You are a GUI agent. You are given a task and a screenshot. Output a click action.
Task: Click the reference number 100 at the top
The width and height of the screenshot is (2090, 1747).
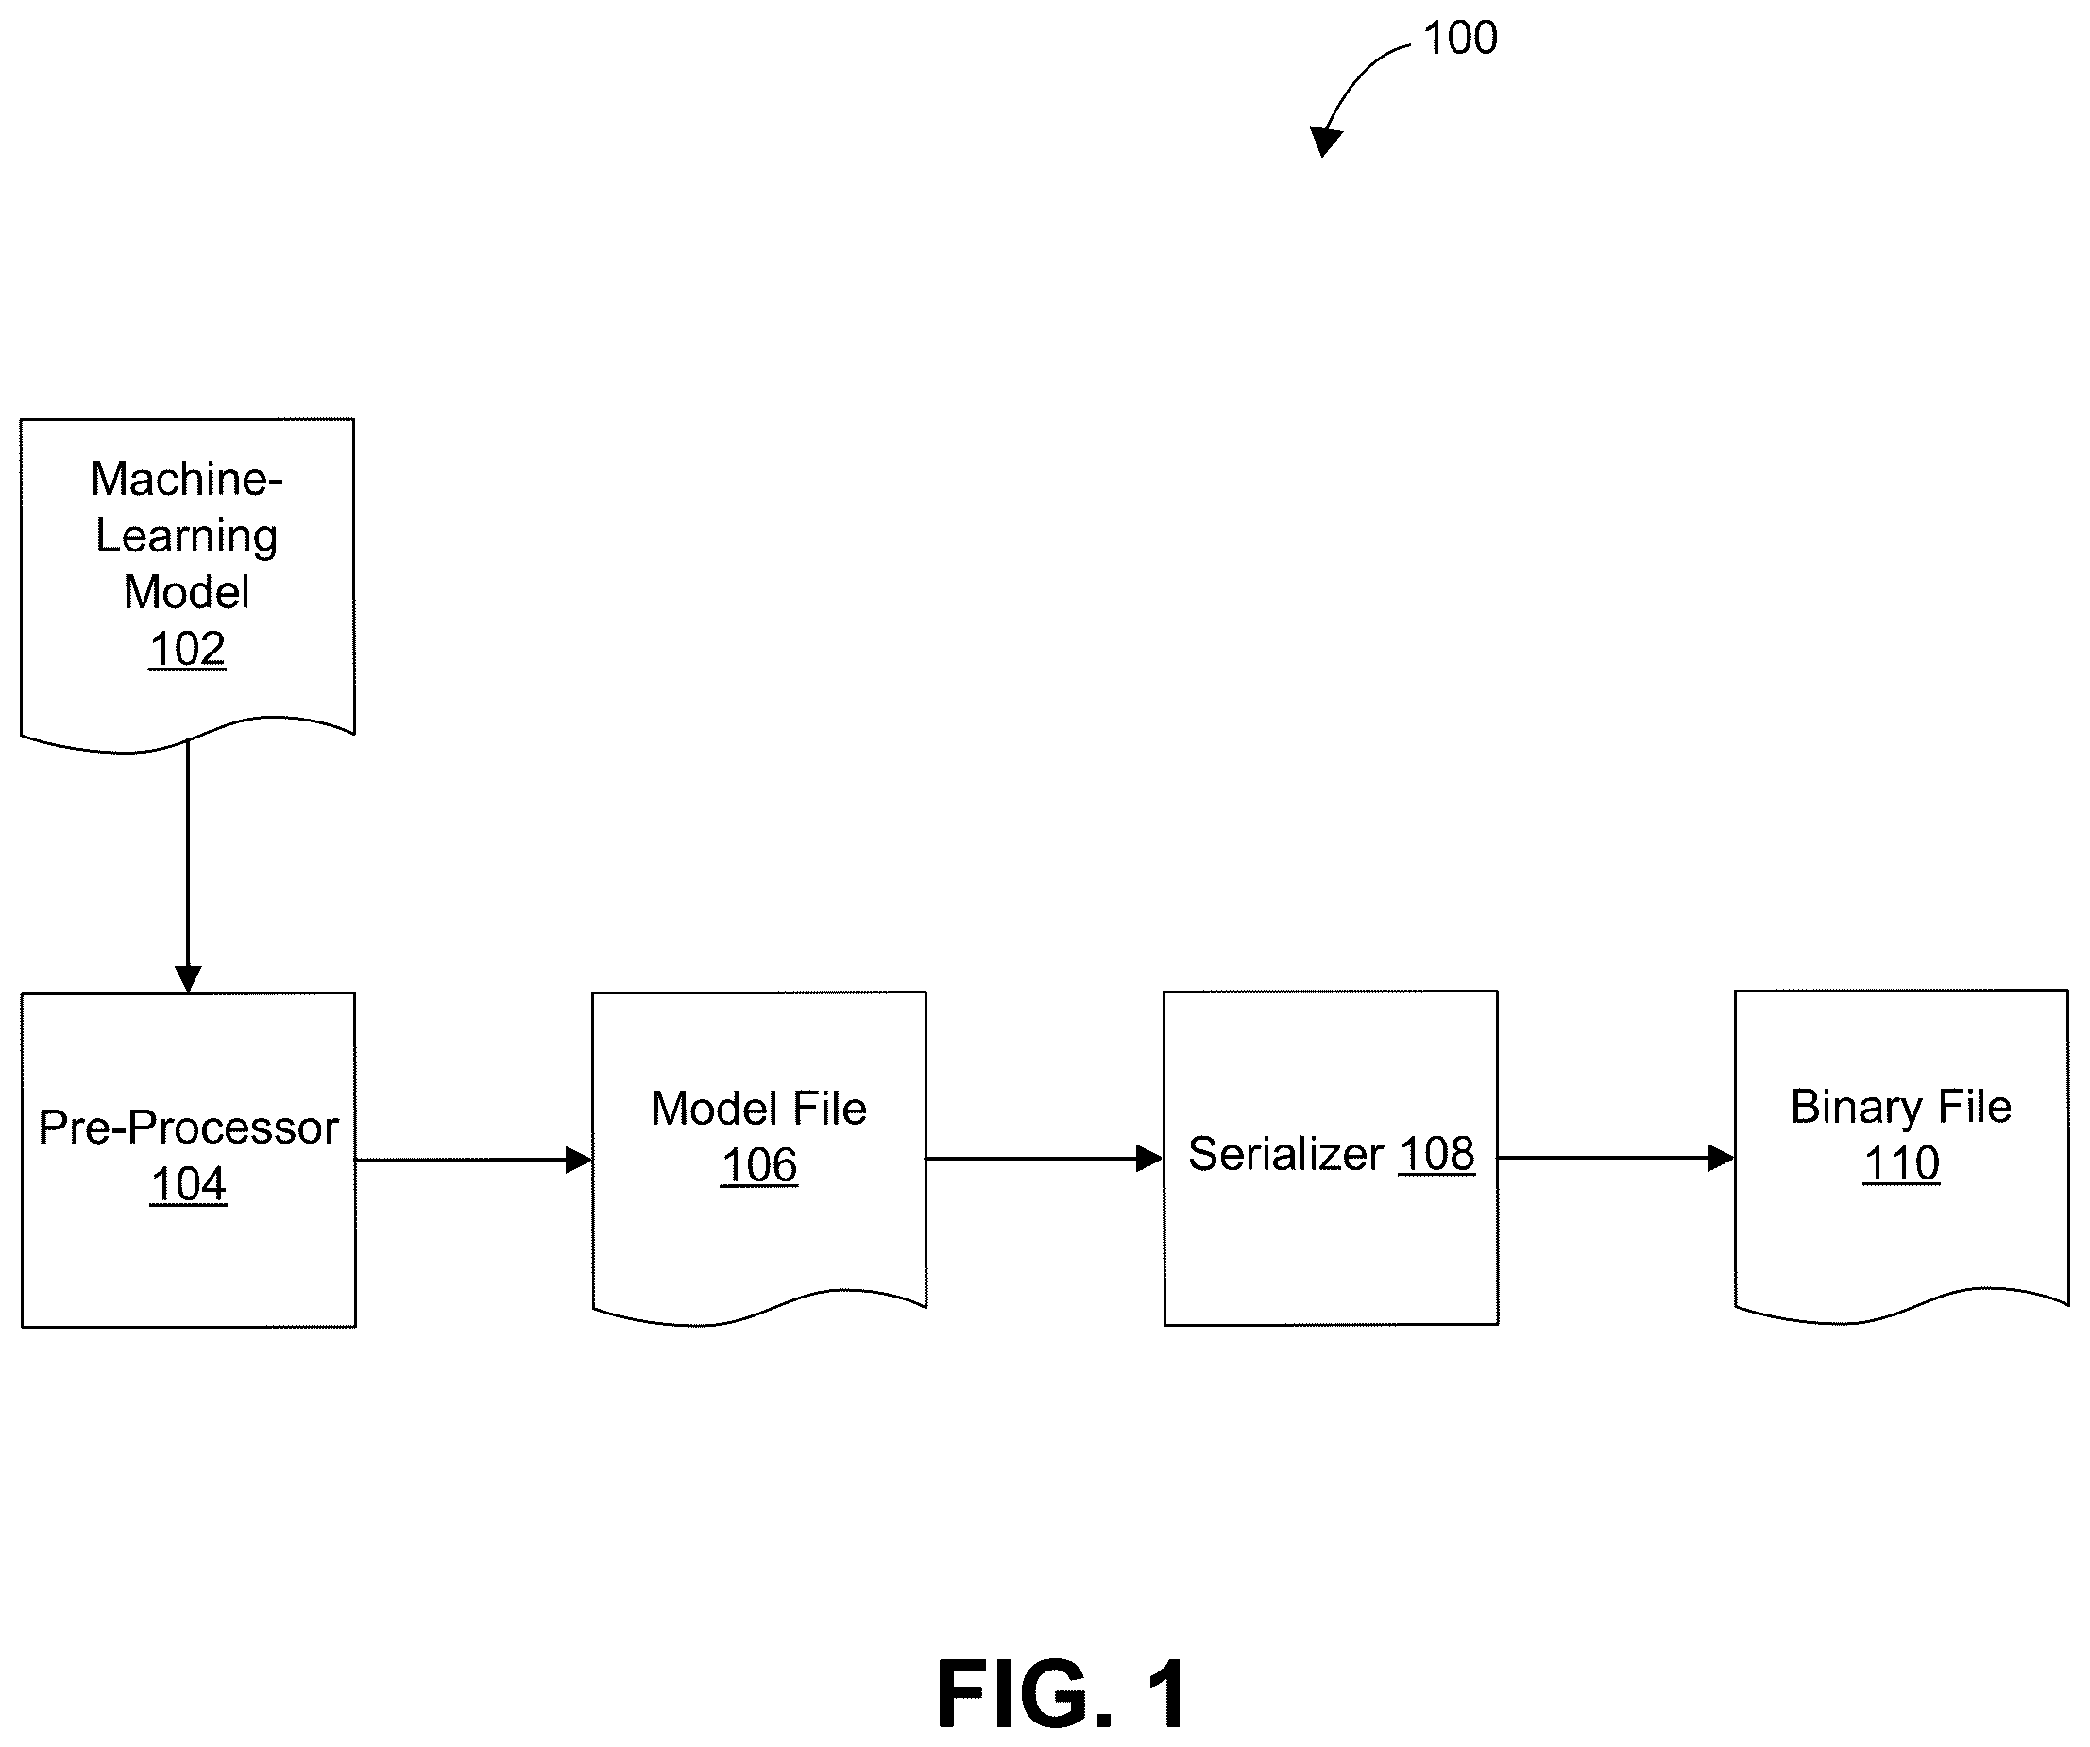1460,38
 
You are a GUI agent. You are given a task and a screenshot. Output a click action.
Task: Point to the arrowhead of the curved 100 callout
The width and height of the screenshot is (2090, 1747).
1326,142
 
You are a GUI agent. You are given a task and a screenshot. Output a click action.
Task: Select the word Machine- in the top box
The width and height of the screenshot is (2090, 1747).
187,479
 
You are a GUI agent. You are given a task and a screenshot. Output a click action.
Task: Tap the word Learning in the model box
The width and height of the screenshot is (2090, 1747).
186,537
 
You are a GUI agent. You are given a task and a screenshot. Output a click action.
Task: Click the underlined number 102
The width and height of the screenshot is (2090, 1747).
187,650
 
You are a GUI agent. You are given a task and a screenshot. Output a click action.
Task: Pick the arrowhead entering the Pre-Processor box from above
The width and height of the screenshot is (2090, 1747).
188,979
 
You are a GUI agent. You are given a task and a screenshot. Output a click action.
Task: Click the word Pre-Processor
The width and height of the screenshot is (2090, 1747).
188,1128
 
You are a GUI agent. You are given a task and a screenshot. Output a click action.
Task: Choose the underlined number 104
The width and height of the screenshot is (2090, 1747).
188,1185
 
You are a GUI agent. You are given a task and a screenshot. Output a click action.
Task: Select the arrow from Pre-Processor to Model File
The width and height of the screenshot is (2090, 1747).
474,1160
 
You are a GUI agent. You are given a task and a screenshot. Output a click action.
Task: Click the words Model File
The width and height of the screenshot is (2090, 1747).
758,1109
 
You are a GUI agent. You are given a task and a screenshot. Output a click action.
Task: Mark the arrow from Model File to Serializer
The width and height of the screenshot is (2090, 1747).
1045,1159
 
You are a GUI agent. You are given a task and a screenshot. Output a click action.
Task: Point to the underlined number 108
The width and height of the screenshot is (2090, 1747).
1436,1154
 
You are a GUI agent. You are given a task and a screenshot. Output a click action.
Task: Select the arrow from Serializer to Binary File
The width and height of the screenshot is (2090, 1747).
1616,1158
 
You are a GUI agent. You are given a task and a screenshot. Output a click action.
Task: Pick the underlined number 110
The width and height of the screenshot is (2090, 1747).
1901,1164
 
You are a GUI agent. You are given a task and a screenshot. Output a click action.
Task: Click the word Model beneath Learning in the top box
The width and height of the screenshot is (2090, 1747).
186,593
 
